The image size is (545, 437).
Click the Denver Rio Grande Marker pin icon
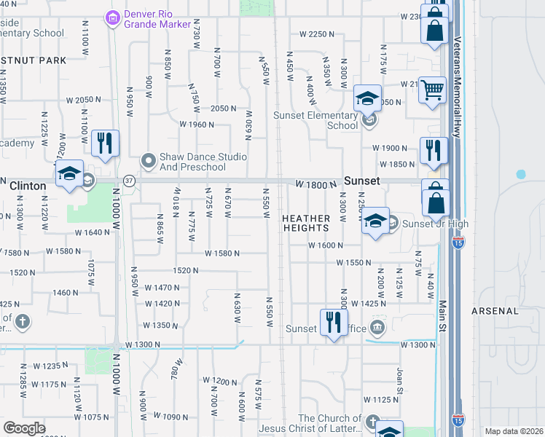tap(112, 16)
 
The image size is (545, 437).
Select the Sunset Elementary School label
tap(316, 119)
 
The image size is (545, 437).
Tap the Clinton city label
tap(28, 186)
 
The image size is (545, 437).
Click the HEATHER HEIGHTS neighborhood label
tap(307, 223)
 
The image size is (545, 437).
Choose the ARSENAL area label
tap(515, 311)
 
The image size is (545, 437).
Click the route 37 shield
tap(129, 180)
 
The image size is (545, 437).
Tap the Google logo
tap(24, 428)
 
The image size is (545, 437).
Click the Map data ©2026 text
tap(514, 431)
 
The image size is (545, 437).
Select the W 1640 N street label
tap(91, 233)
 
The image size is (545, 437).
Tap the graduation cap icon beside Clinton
tap(69, 174)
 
